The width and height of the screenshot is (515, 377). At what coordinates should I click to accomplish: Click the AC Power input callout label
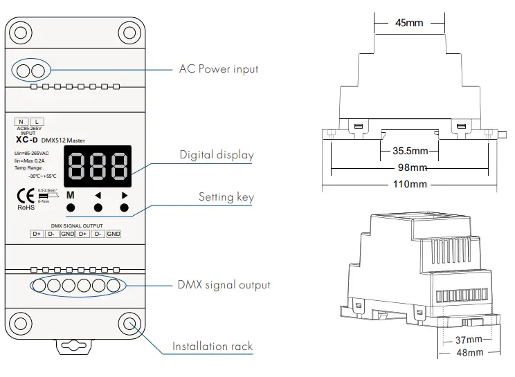[218, 69]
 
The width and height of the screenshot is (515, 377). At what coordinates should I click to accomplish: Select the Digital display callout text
[217, 155]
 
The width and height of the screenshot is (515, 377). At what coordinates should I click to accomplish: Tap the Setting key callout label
[226, 197]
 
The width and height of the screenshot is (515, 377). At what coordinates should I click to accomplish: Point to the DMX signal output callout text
[225, 285]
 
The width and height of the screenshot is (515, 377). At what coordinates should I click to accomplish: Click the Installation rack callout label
[213, 347]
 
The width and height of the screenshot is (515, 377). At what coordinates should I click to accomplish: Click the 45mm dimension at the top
[408, 23]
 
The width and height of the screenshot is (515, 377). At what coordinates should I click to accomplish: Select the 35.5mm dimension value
[410, 150]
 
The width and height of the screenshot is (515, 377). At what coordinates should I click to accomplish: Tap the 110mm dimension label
[410, 184]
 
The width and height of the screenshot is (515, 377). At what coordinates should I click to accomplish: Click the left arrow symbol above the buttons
[98, 195]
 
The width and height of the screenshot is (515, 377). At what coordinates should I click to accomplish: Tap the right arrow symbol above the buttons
[125, 195]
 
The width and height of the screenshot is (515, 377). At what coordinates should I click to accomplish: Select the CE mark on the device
[22, 196]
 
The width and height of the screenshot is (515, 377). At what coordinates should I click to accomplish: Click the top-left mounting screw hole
[22, 30]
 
